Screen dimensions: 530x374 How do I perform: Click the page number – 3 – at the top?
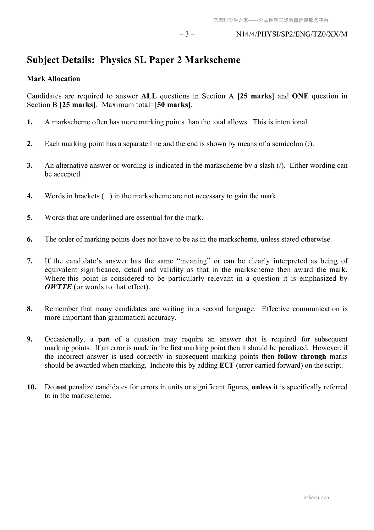[187, 34]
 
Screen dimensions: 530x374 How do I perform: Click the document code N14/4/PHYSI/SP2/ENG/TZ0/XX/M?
[292, 34]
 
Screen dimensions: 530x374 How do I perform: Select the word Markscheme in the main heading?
[212, 60]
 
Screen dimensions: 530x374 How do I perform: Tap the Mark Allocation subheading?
[53, 79]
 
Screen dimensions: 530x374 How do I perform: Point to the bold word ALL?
[149, 96]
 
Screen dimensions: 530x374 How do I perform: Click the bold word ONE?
[300, 96]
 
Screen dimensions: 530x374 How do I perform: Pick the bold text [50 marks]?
[173, 105]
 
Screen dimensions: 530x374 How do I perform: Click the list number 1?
[30, 122]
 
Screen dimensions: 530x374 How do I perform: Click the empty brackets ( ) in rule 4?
[107, 196]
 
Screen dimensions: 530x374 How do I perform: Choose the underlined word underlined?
[107, 218]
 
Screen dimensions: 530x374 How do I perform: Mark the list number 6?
[30, 239]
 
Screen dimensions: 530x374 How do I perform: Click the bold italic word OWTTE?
[58, 287]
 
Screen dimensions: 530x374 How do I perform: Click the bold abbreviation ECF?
[227, 365]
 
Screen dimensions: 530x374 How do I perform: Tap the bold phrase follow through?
[302, 357]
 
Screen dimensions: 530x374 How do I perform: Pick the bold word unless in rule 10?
[261, 387]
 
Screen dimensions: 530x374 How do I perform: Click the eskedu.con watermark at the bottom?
[316, 498]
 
